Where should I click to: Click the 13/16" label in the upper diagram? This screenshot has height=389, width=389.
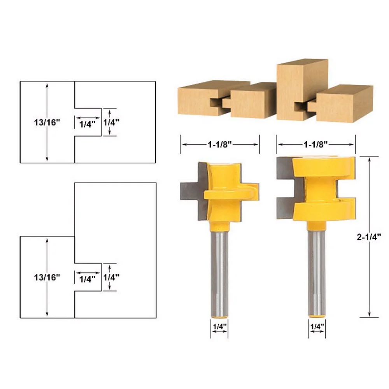(47, 122)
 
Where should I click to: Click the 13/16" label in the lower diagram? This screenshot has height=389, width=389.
(47, 277)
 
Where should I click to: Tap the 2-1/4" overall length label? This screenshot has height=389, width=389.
(369, 237)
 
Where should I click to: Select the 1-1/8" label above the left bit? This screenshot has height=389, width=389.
(219, 144)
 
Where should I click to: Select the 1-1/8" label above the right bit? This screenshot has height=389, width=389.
(316, 144)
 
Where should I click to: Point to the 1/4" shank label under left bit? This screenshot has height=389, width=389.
(220, 326)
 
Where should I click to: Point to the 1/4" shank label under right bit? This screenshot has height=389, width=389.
(317, 326)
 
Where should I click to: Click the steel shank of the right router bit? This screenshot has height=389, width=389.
(317, 273)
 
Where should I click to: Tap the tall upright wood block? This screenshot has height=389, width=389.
(302, 89)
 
